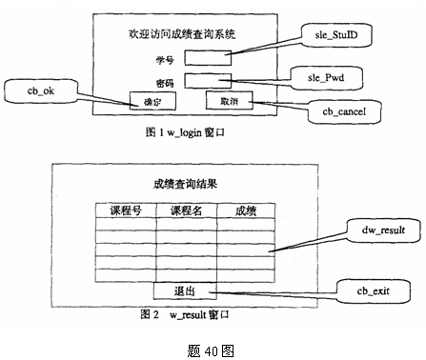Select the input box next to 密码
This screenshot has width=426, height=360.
(208, 81)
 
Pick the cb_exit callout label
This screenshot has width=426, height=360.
(366, 287)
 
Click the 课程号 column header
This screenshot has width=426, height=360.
(126, 210)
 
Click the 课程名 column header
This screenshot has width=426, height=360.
(186, 210)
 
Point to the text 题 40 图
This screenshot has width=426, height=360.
(212, 348)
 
